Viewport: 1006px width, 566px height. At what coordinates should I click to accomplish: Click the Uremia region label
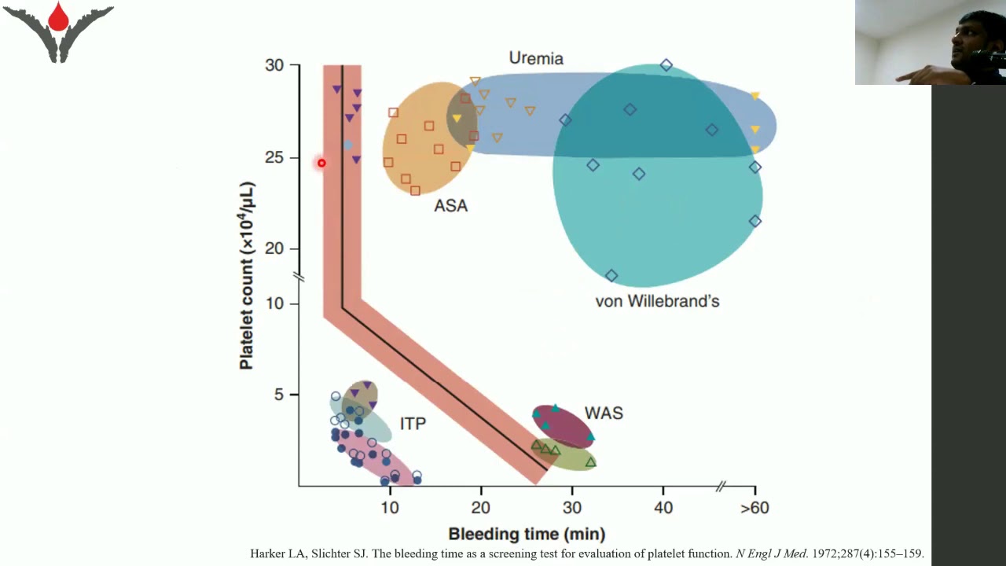click(536, 58)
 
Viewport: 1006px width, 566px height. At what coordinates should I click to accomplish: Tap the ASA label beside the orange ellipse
click(450, 206)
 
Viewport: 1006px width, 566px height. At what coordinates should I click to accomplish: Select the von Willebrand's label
click(657, 301)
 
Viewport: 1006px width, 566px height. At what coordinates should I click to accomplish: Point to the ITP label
click(413, 424)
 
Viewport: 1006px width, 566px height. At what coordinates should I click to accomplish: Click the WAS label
click(604, 413)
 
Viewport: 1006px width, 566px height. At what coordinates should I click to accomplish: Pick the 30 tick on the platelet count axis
click(274, 65)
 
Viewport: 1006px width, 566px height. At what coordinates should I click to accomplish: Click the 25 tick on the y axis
click(274, 158)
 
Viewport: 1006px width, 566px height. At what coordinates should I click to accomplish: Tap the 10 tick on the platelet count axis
click(274, 304)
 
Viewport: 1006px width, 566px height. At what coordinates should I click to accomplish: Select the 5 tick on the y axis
click(279, 395)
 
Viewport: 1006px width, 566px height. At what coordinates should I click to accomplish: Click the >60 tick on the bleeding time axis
click(754, 508)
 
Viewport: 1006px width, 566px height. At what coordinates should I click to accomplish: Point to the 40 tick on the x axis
click(663, 508)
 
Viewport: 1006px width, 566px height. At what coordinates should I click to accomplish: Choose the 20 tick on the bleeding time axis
click(481, 508)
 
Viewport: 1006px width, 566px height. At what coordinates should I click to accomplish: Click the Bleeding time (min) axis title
click(527, 535)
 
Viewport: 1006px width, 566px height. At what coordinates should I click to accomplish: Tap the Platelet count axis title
click(247, 275)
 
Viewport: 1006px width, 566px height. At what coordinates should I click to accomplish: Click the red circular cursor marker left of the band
click(321, 163)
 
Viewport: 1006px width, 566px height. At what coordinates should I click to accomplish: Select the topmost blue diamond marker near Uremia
click(666, 65)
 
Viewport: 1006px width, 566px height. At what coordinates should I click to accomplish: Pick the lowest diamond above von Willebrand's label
click(611, 276)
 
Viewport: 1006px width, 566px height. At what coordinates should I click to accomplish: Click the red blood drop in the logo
click(58, 17)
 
